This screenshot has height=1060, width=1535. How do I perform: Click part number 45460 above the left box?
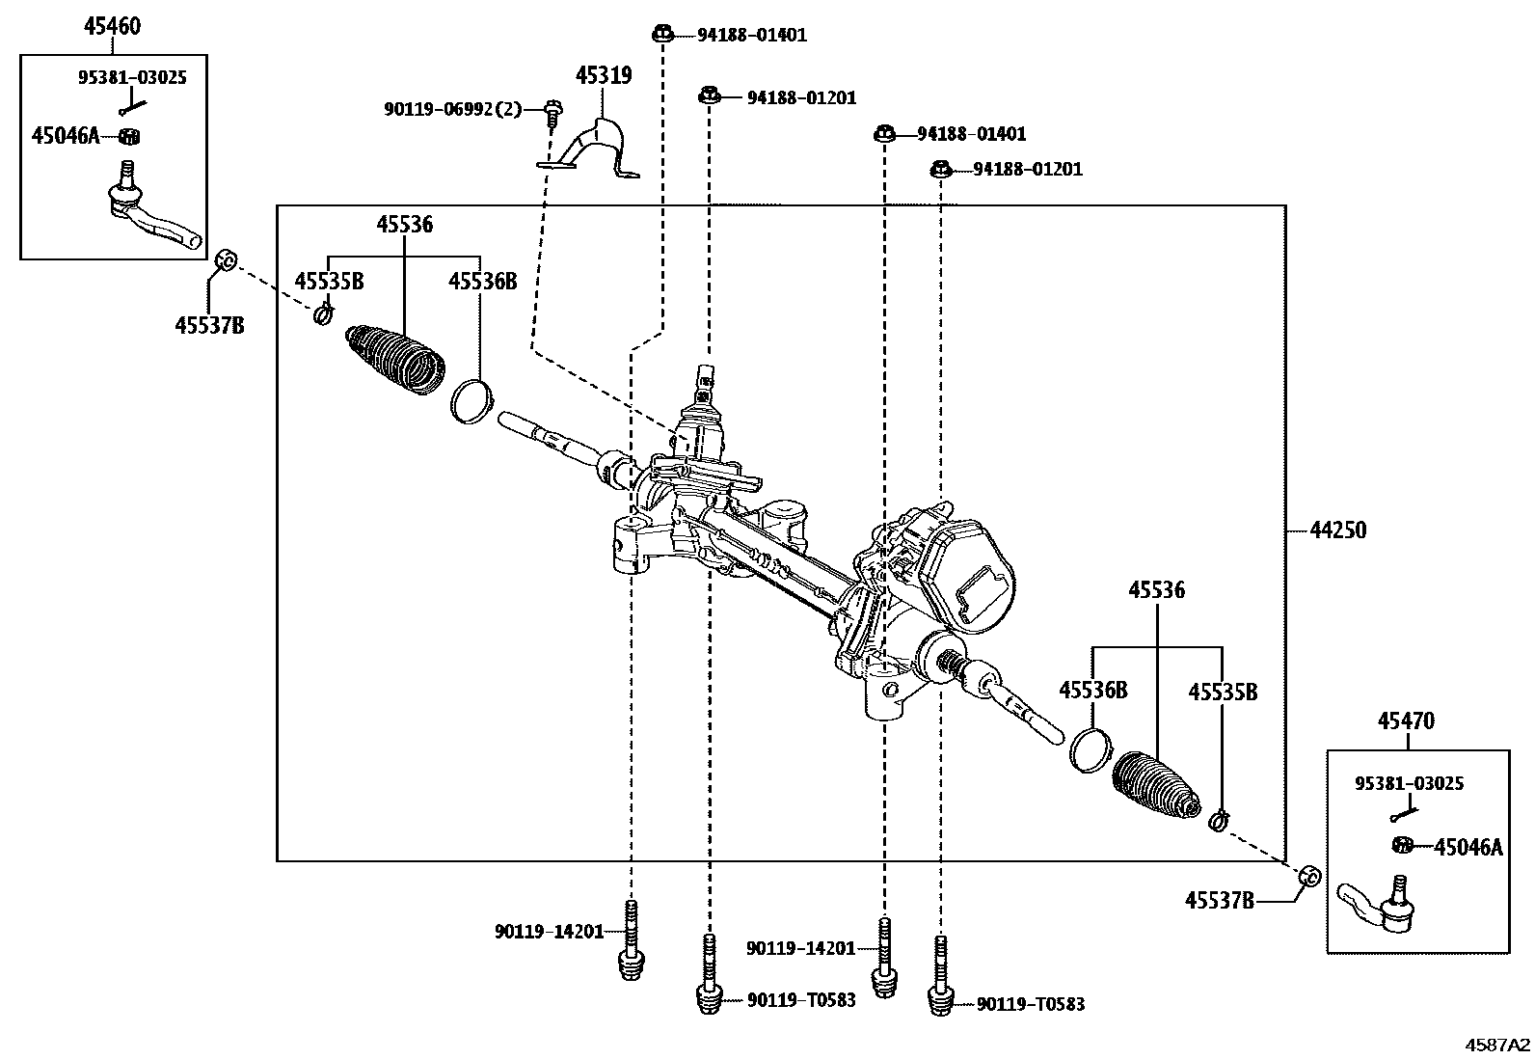click(112, 26)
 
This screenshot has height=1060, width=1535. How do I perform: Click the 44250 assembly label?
click(1338, 530)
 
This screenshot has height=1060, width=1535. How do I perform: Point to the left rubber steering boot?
click(395, 359)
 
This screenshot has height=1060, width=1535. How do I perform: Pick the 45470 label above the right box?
click(1406, 720)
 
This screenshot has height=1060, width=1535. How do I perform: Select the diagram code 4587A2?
click(1497, 1045)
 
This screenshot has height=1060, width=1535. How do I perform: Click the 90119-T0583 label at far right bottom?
click(1030, 1004)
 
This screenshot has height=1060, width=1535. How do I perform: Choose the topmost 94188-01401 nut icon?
click(662, 35)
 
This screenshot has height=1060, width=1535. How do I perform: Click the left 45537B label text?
click(209, 325)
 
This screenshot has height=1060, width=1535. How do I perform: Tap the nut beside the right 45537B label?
click(1308, 876)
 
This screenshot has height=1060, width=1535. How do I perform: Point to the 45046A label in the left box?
click(65, 136)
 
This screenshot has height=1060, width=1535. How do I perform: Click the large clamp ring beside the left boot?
click(471, 400)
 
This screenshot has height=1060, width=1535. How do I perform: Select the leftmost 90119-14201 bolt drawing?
click(630, 939)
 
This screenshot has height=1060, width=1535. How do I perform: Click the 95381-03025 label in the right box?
click(1409, 783)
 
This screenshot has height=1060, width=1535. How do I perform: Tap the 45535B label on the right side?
click(1222, 692)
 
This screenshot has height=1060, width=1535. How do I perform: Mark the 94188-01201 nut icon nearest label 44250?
click(941, 170)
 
